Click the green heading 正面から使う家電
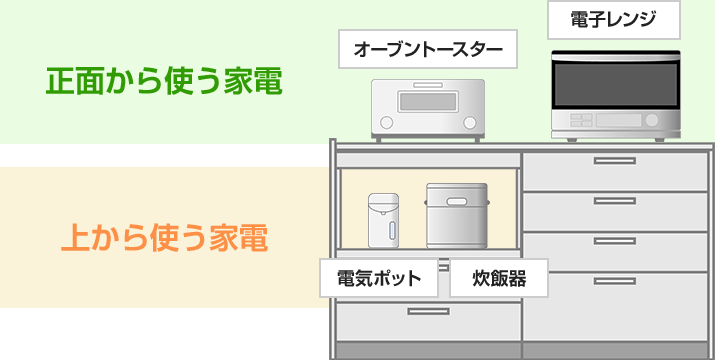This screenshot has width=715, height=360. click(165, 81)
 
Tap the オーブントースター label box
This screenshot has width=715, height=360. click(428, 49)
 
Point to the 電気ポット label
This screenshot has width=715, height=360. click(379, 278)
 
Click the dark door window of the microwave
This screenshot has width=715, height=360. click(615, 84)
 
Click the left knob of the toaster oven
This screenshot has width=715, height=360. click(387, 123)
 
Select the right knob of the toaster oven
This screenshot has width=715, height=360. click(468, 123)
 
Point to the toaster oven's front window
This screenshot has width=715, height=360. click(427, 102)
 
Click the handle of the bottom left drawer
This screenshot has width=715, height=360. click(427, 311)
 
